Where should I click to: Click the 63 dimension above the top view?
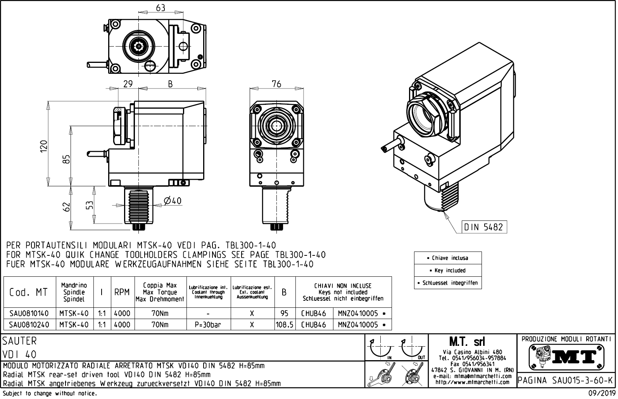point(161,8)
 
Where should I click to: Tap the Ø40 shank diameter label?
point(173,201)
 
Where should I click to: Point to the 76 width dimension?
point(276,83)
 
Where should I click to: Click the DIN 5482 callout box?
point(484,227)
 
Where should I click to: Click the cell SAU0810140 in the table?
point(29,313)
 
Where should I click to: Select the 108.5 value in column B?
point(285,324)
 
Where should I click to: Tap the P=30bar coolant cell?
point(208,324)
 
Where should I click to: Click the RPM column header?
point(122,292)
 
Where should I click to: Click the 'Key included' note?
point(448,270)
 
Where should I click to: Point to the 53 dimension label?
point(90,205)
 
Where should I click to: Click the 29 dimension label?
point(128,84)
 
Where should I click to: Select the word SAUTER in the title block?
point(19,341)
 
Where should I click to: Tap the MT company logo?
point(566,356)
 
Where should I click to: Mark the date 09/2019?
point(601,393)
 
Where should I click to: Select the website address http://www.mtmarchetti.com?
point(472,382)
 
